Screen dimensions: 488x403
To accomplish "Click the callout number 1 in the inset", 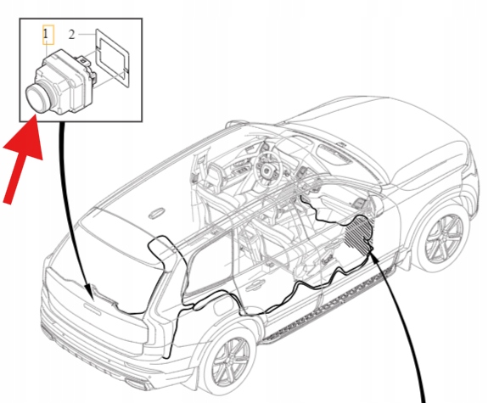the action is click(x=46, y=34).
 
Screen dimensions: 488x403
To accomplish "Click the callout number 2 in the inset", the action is click(x=72, y=35).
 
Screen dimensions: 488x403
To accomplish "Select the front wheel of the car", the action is click(x=443, y=239).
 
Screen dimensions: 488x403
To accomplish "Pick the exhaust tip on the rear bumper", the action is click(x=137, y=383).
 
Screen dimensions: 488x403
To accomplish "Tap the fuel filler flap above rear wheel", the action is click(x=222, y=306).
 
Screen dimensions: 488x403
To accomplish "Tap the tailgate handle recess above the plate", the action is click(x=93, y=309).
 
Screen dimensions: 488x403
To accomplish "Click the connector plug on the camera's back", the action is click(x=87, y=65).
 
